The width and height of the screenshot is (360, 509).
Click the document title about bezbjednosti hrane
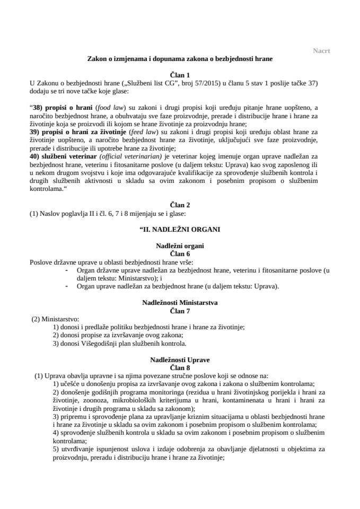(180, 59)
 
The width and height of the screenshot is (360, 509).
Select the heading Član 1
(180, 76)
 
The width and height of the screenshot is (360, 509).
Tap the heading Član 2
(180, 204)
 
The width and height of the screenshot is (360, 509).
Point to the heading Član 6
(180, 254)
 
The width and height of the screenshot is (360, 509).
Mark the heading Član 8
(180, 367)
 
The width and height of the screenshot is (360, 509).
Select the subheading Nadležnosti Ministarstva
(180, 302)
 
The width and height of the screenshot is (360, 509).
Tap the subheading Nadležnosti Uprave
(180, 359)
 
